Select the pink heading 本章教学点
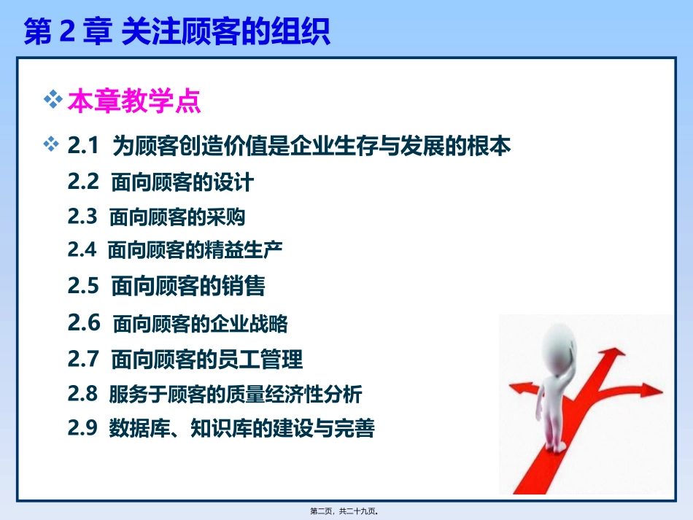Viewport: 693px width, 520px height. [133, 102]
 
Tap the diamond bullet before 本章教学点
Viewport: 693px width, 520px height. [53, 100]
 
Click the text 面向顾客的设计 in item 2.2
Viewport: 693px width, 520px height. [182, 182]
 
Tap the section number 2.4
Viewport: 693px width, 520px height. [82, 250]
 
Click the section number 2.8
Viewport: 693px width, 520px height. [82, 394]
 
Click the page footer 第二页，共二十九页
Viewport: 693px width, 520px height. [346, 511]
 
